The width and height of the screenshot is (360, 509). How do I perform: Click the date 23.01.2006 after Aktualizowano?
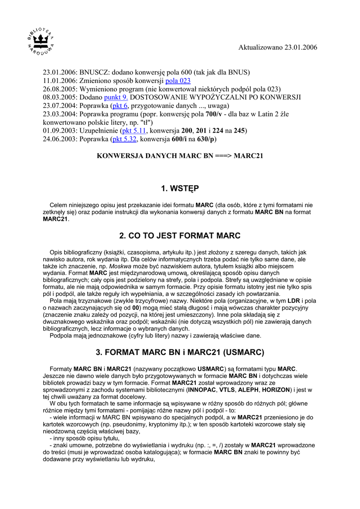[x=300, y=47]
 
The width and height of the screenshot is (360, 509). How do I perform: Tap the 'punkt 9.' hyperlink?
[x=116, y=97]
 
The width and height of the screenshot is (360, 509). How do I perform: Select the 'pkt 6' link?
[x=120, y=106]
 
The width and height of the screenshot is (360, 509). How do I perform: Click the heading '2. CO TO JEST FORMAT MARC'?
[x=180, y=236]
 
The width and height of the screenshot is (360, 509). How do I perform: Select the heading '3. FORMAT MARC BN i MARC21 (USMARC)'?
[x=180, y=352]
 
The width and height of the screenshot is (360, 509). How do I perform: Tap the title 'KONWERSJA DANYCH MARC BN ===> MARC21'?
[x=180, y=156]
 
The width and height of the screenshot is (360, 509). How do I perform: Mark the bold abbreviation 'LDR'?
[x=294, y=301]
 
